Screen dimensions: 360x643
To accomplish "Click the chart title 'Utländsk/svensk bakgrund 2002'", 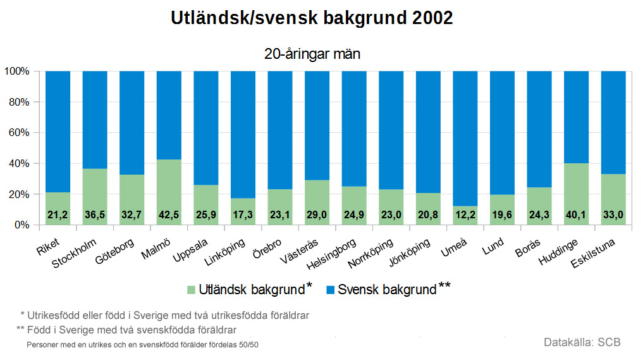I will (312, 18).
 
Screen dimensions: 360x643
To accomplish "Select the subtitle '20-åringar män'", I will (312, 54).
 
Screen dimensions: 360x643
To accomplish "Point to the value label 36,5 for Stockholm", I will (95, 216).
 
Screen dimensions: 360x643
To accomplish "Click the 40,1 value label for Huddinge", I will (575, 216).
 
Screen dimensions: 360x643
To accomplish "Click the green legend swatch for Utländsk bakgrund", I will (191, 290).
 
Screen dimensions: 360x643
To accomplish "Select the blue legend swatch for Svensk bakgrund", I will (331, 290).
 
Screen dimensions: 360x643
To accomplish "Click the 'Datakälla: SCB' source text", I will (582, 342).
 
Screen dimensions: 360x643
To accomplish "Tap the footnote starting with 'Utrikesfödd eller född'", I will (165, 314).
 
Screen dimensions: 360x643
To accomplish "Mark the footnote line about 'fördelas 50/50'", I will (142, 345).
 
